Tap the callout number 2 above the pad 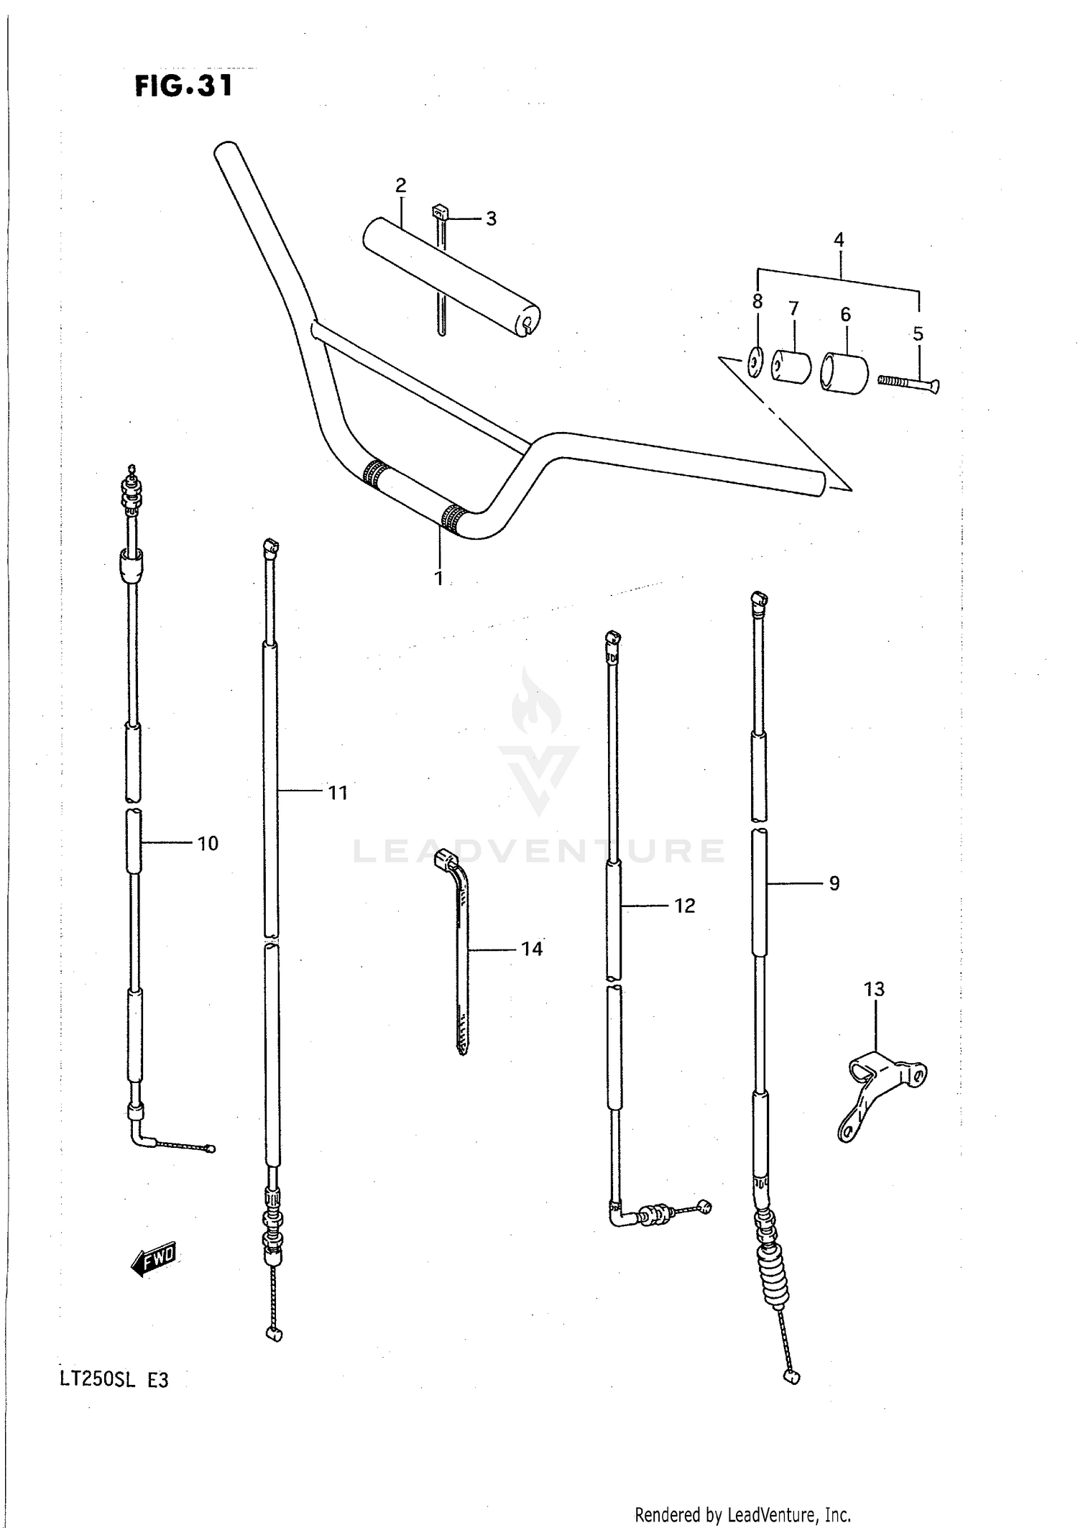click(x=400, y=185)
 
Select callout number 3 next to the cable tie click(x=491, y=218)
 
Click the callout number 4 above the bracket click(x=839, y=240)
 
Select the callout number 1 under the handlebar click(x=438, y=577)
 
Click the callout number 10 click(x=208, y=843)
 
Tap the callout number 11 click(x=338, y=793)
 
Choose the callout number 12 click(x=684, y=906)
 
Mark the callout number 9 click(x=834, y=883)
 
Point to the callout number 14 click(x=531, y=949)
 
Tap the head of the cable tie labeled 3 click(x=439, y=212)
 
